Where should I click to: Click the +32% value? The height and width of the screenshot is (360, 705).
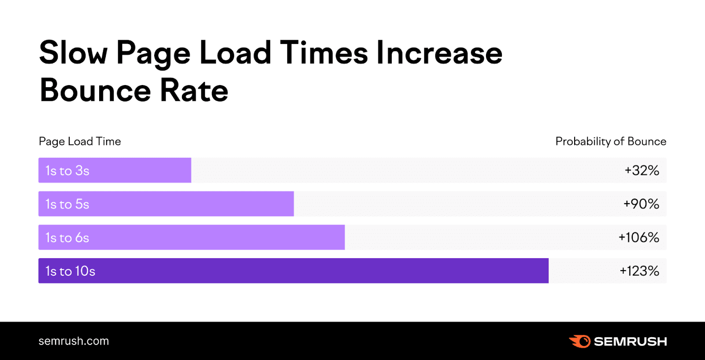point(642,171)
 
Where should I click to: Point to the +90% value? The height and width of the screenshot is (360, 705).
point(641,204)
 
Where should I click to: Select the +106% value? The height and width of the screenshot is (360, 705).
point(638,238)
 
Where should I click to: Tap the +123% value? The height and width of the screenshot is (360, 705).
point(639,271)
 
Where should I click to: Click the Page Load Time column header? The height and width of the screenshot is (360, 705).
point(80,141)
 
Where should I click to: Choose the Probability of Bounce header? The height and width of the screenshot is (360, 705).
point(611,141)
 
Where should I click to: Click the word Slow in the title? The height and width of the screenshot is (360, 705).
point(73,53)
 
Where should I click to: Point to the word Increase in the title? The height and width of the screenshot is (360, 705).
point(439,53)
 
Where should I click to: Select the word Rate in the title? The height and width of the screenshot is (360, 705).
point(194,90)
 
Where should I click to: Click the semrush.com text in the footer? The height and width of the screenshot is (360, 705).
point(74,341)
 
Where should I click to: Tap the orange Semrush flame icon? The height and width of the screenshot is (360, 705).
point(580,341)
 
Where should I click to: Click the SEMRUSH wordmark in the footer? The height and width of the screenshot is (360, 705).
point(630,341)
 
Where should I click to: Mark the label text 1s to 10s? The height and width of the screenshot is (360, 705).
point(70,271)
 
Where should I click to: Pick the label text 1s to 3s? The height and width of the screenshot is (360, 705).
point(67,171)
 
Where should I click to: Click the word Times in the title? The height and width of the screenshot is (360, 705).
point(324,53)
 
